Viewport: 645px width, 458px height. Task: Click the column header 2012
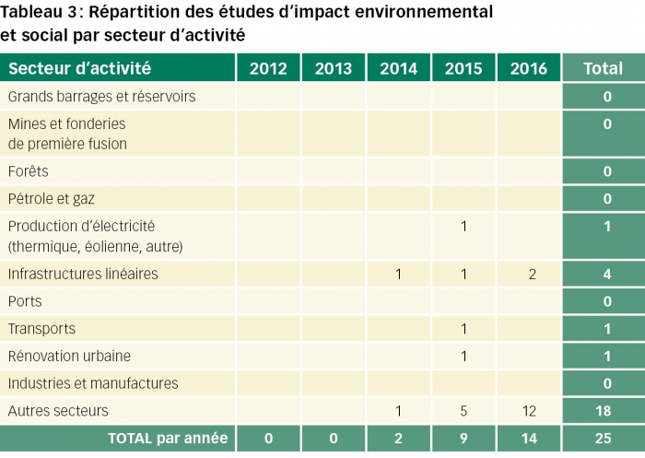[x=268, y=68]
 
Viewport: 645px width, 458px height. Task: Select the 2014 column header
[x=398, y=68]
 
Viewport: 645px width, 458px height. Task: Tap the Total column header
[x=603, y=68]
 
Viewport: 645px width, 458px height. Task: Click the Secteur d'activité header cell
[x=79, y=68]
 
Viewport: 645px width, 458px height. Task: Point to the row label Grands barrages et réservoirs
[x=101, y=97]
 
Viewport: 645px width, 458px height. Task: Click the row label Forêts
[x=29, y=171]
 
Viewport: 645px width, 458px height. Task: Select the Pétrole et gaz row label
[x=52, y=199]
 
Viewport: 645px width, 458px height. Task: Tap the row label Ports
[x=25, y=301]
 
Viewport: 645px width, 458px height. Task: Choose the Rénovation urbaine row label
[x=69, y=356]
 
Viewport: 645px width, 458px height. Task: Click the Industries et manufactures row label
[x=93, y=383]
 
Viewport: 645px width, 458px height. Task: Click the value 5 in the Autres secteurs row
[x=463, y=411]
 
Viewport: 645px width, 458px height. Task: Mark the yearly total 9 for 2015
[x=463, y=439]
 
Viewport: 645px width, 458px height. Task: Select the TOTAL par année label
[x=168, y=439]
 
